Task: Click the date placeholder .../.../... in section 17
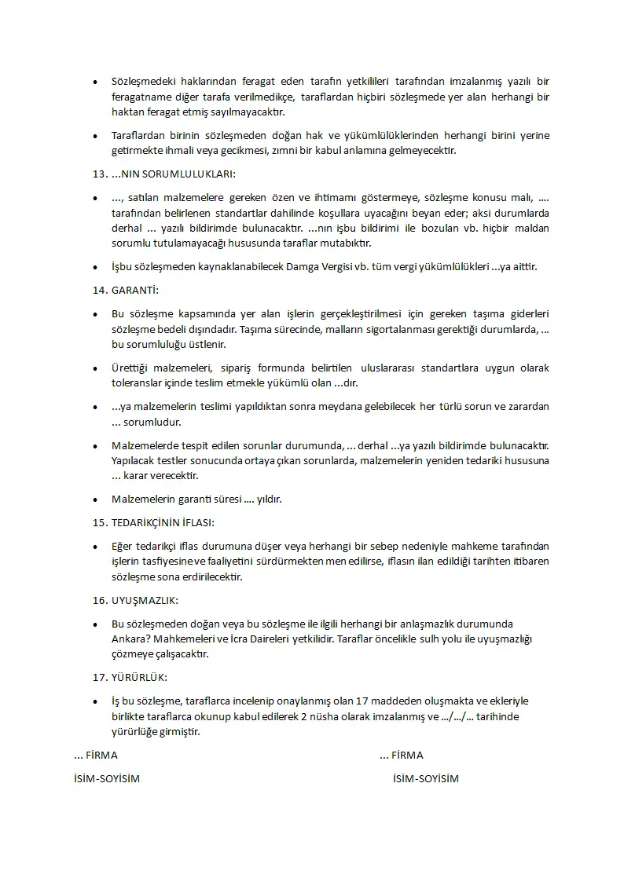[461, 716]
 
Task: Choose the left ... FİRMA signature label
[95, 755]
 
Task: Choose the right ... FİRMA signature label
[401, 755]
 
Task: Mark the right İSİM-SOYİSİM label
[425, 778]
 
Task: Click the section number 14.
[99, 291]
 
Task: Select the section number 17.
[99, 677]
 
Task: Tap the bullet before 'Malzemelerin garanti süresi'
[96, 500]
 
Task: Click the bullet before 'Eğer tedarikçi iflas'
[96, 546]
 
